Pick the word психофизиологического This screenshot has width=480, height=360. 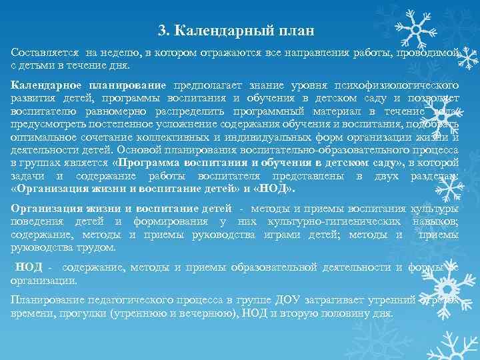(401, 86)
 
